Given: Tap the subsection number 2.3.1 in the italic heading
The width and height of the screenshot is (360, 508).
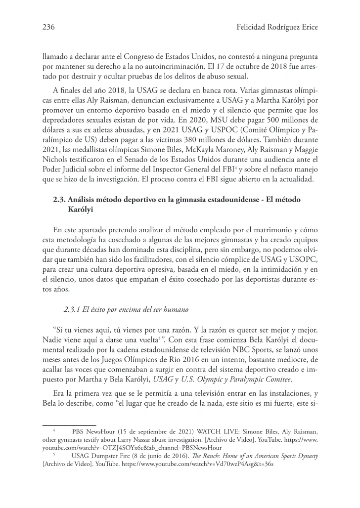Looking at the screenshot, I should pos(73,310).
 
